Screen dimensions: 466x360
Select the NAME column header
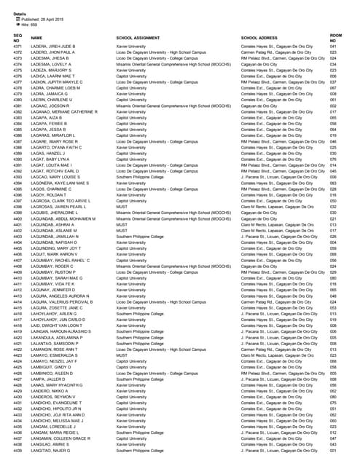tap(36, 37)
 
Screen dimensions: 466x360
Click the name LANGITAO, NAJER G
tap(51, 451)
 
